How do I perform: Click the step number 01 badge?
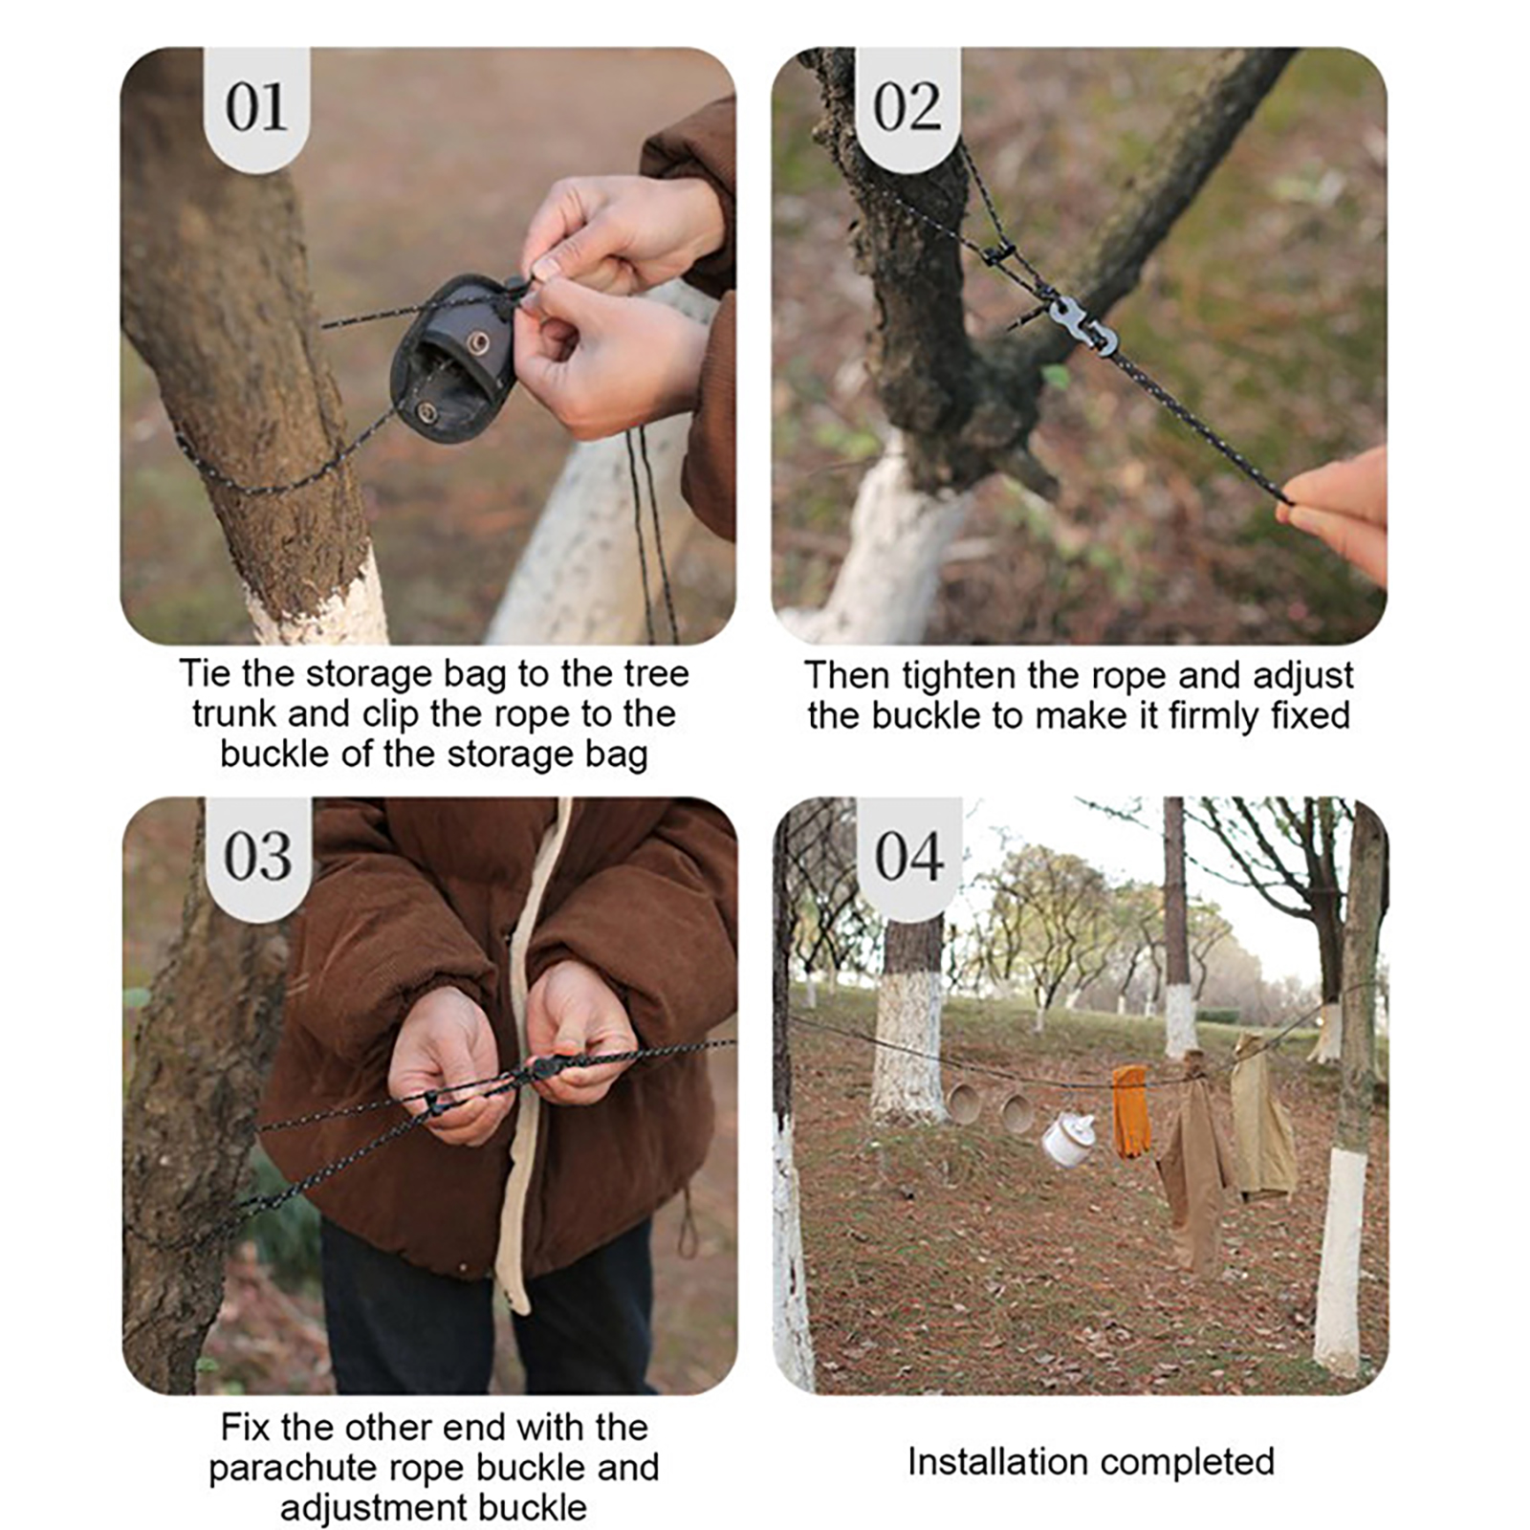tap(256, 107)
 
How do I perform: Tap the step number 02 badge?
tap(907, 107)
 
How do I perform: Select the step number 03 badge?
tap(257, 857)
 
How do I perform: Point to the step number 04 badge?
tap(908, 857)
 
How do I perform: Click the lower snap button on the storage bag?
tap(426, 412)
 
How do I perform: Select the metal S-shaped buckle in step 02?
tap(1083, 325)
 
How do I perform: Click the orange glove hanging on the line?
tap(1129, 1112)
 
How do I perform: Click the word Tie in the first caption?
tap(206, 674)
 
